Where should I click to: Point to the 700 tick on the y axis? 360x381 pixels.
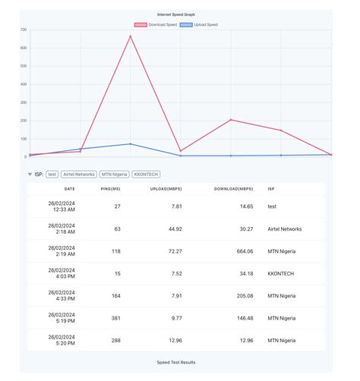pyautogui.click(x=24, y=30)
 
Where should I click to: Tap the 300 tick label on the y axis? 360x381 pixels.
pyautogui.click(x=24, y=102)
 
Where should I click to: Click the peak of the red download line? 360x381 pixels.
pyautogui.click(x=130, y=36)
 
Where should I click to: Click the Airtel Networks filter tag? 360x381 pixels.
pyautogui.click(x=79, y=174)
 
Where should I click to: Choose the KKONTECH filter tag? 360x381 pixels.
pyautogui.click(x=146, y=174)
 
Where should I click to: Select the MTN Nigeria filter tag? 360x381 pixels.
pyautogui.click(x=114, y=174)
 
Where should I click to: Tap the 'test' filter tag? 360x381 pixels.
pyautogui.click(x=52, y=174)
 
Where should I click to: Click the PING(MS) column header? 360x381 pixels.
pyautogui.click(x=111, y=188)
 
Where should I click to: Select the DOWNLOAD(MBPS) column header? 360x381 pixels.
pyautogui.click(x=235, y=188)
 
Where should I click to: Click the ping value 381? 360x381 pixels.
pyautogui.click(x=115, y=318)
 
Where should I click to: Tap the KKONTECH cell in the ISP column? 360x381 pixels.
pyautogui.click(x=280, y=273)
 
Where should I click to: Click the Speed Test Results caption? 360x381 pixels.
pyautogui.click(x=175, y=363)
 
